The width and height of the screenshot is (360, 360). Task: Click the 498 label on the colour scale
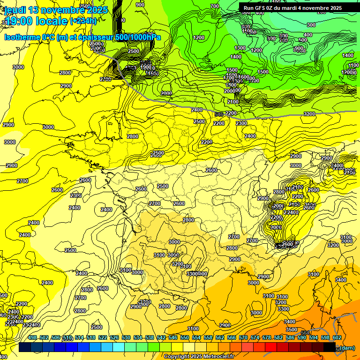point(32,337)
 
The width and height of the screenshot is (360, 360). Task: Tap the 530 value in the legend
point(126,337)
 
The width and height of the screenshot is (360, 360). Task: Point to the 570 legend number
point(243,337)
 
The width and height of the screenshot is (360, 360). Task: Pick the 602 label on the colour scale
point(337,337)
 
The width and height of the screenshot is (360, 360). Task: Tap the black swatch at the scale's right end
point(330,347)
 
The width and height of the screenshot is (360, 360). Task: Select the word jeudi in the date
point(15,10)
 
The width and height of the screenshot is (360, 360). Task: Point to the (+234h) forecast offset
point(83,21)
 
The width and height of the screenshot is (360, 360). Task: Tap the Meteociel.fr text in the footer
point(218,356)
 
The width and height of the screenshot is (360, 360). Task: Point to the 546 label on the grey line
point(218,114)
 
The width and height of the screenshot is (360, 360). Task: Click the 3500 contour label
point(292,330)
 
